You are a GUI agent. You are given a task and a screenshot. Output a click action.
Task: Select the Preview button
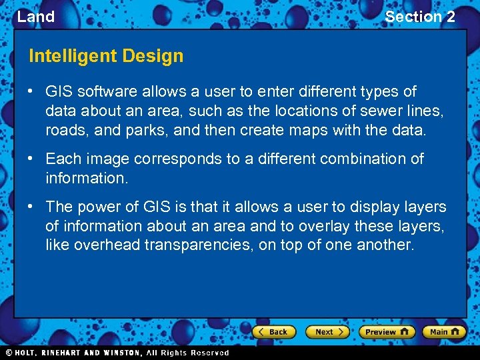[x=386, y=331]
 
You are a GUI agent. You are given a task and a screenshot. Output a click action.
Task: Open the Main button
[x=443, y=331]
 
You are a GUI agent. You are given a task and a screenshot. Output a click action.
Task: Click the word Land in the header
[x=35, y=17]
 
